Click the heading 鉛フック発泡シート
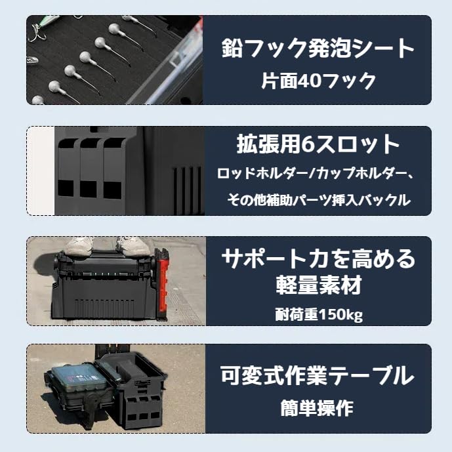click(x=318, y=48)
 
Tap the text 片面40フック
click(x=319, y=81)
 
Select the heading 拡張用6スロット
click(x=318, y=144)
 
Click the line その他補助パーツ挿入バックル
click(x=319, y=200)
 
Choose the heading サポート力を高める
click(x=319, y=258)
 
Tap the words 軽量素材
click(x=319, y=285)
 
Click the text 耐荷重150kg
click(x=319, y=314)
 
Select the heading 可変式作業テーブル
click(x=318, y=376)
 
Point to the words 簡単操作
click(x=317, y=407)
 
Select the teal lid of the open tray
click(x=75, y=378)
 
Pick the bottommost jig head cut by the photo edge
click(x=38, y=100)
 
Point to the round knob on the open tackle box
click(x=92, y=401)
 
